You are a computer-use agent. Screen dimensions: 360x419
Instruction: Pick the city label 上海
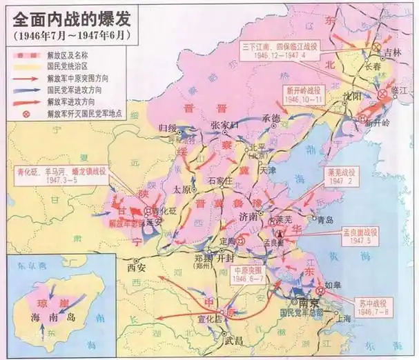343,318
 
